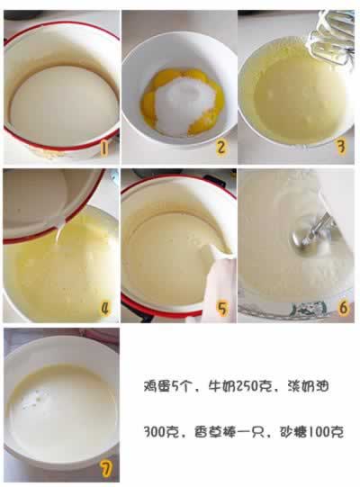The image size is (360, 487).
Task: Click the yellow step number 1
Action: coord(104,149)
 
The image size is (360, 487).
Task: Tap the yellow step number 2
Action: coord(220,147)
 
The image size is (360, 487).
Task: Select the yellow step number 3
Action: coord(341,147)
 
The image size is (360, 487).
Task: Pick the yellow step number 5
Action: coord(222,309)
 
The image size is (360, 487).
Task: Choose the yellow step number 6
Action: coord(343,308)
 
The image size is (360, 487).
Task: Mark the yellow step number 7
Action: coord(106,469)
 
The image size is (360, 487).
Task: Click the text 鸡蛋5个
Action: coord(166,386)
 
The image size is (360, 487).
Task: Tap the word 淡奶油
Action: coord(308,386)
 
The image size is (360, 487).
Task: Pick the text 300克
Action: coord(161,432)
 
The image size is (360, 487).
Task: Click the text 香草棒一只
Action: coord(229,432)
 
